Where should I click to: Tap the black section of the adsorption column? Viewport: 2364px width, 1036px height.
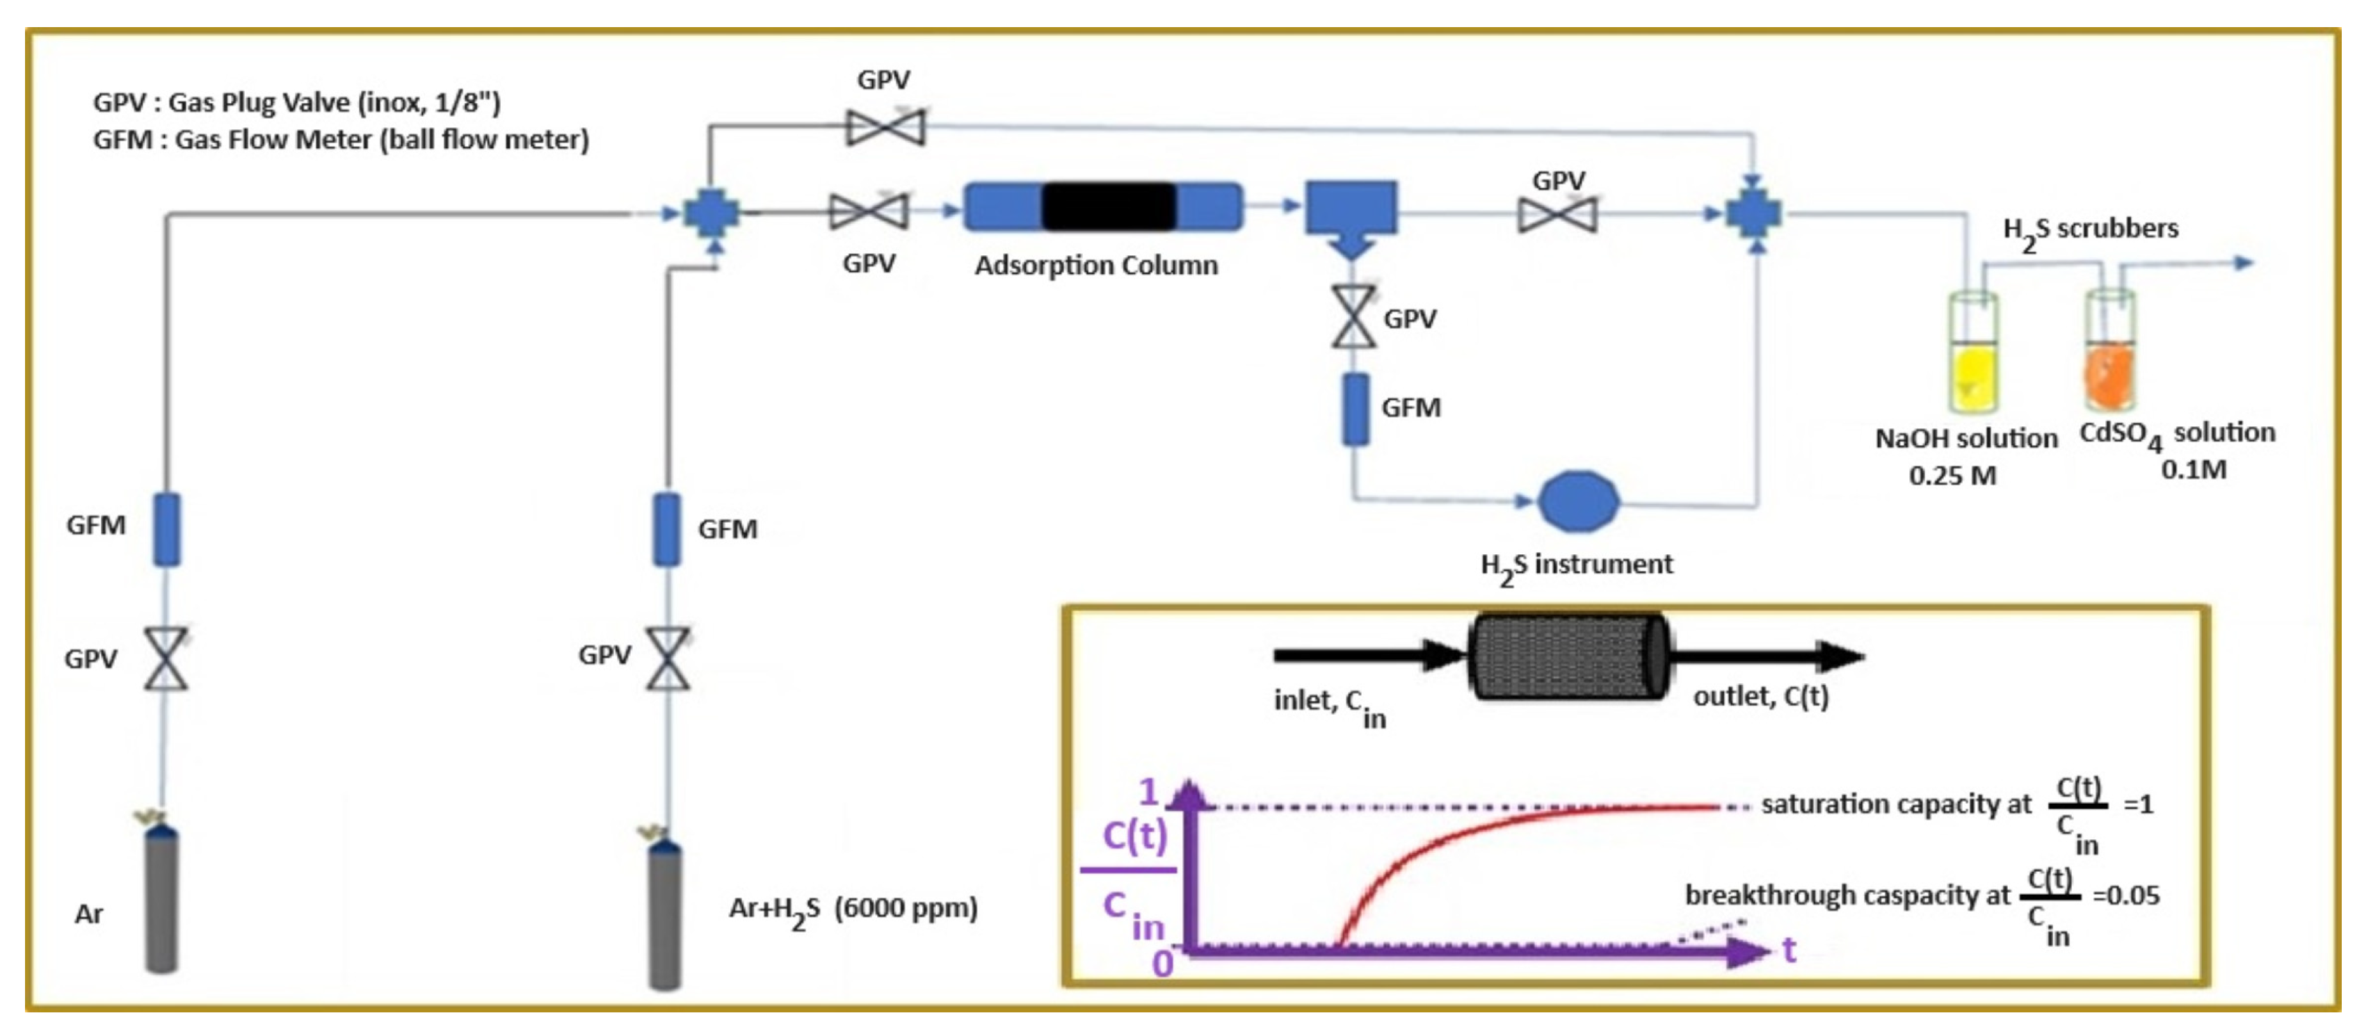tap(1108, 207)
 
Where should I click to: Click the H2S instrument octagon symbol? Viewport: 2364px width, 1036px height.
tap(1577, 501)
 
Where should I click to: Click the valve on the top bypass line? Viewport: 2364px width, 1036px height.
tap(885, 127)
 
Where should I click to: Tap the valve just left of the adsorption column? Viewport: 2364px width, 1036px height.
tap(868, 212)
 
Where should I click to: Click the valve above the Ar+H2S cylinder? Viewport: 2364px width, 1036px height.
tap(667, 658)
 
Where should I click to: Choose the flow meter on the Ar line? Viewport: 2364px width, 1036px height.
tap(166, 528)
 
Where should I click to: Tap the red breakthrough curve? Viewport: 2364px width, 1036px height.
tap(1431, 849)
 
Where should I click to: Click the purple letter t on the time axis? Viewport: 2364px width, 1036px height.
tap(1789, 950)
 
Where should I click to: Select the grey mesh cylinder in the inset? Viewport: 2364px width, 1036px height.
tap(1568, 656)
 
